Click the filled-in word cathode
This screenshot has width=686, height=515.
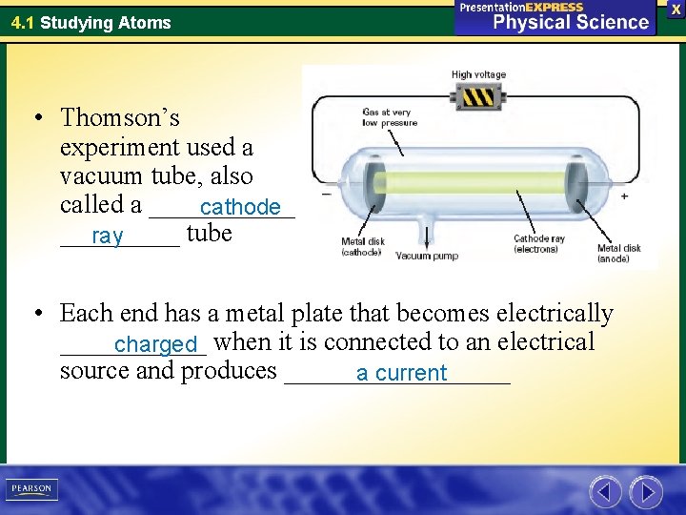click(240, 208)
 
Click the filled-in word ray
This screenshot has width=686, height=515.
click(108, 237)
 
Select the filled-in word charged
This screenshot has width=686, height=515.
click(154, 344)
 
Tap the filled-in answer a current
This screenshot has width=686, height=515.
click(401, 373)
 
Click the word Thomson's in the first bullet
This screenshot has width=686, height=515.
click(119, 118)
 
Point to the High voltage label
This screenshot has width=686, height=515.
click(478, 74)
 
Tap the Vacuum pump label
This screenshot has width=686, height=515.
click(426, 256)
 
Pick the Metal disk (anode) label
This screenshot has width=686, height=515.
click(619, 253)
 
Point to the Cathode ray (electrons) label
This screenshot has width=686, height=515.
click(539, 244)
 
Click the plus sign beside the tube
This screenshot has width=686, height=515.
click(625, 196)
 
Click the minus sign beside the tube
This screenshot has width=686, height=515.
click(327, 194)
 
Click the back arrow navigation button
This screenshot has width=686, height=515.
click(605, 492)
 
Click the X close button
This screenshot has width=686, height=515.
click(676, 8)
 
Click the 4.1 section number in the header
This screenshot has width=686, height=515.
click(23, 22)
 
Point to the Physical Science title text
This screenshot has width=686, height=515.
click(570, 22)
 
